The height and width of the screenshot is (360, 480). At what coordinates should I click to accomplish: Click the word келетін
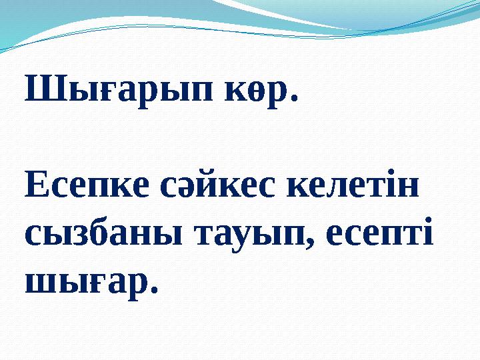coord(353,187)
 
